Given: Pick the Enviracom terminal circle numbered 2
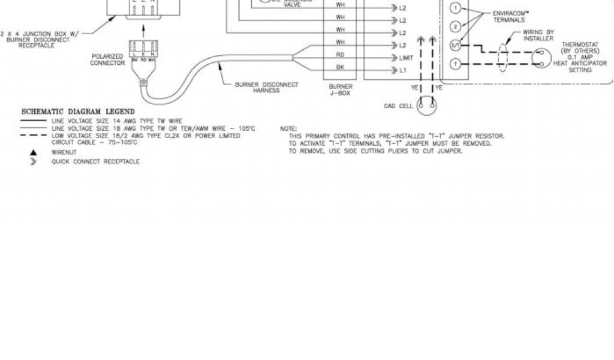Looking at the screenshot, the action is tap(456, 26).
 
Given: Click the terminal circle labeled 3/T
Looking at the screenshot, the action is tap(456, 45).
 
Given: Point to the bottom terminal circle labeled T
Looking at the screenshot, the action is tap(456, 64).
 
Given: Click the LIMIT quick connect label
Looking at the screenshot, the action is tap(407, 58).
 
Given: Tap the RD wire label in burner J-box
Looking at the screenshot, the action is tap(340, 54).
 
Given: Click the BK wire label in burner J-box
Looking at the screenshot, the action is tap(340, 67).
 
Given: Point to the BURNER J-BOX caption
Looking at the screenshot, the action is tap(340, 91).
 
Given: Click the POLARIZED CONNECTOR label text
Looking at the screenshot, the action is tap(108, 59).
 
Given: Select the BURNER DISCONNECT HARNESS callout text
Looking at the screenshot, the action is tap(267, 88).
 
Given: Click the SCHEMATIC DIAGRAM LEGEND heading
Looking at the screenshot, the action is tap(78, 112).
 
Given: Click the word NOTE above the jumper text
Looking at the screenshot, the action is tap(288, 128).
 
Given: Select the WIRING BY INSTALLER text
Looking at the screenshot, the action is tap(538, 35).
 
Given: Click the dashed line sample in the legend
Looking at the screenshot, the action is tap(34, 136).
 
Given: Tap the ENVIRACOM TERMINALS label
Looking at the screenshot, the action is tap(508, 16).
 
